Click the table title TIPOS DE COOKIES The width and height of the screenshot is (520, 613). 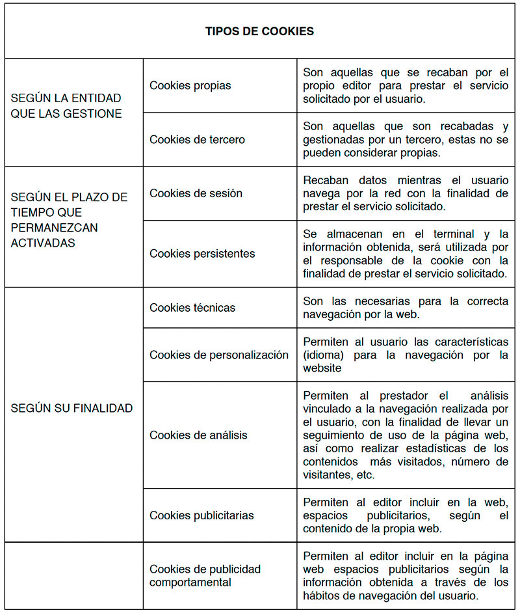click(x=259, y=31)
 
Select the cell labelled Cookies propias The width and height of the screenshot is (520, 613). click(x=190, y=85)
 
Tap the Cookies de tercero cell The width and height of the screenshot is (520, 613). click(x=197, y=139)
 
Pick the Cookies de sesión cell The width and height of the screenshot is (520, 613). click(x=196, y=193)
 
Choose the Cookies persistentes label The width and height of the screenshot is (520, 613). click(x=202, y=254)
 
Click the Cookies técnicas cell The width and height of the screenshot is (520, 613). click(x=192, y=307)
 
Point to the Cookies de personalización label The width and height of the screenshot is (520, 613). click(x=219, y=355)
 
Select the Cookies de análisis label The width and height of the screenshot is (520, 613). click(x=198, y=435)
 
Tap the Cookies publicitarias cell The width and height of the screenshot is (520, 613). click(x=201, y=515)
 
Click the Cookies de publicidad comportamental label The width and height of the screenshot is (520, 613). click(x=205, y=576)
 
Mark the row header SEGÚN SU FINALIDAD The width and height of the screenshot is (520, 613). click(x=71, y=408)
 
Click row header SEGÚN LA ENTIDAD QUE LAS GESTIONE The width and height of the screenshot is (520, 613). click(x=66, y=106)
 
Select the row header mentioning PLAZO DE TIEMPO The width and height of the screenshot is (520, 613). click(x=69, y=220)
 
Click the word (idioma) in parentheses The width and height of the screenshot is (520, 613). click(x=322, y=355)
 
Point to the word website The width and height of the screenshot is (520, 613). click(x=322, y=368)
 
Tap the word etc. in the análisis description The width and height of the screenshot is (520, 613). click(x=365, y=475)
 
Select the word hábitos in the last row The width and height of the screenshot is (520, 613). click(x=322, y=595)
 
